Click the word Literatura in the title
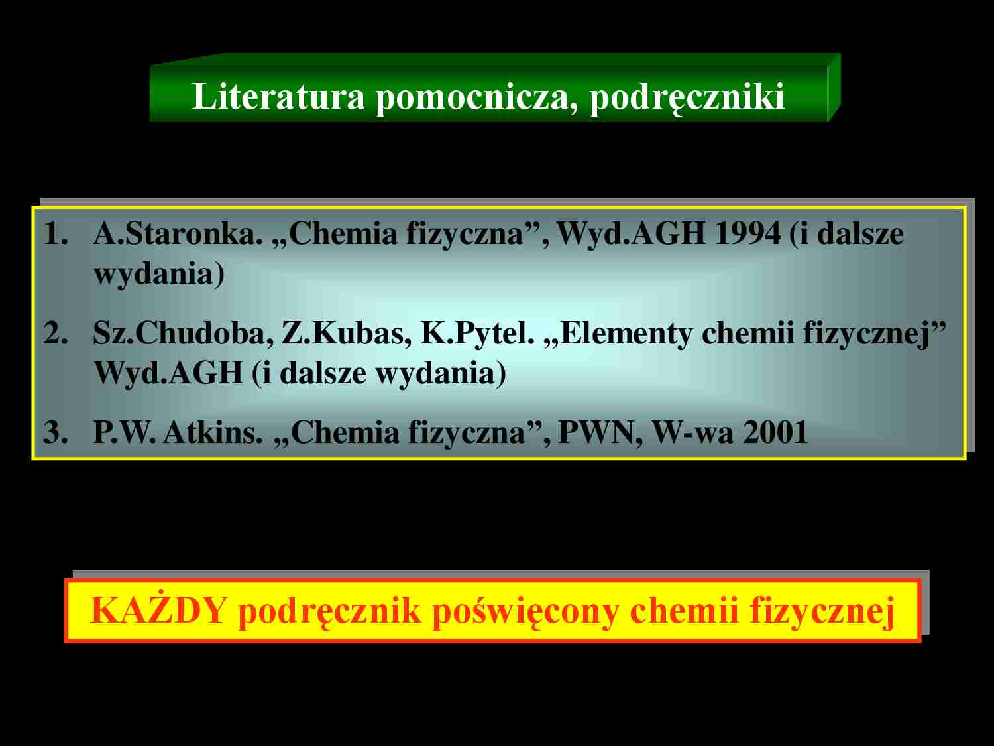278,96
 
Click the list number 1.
56,233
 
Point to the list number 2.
56,333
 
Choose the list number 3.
56,432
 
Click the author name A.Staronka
178,233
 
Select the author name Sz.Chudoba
183,334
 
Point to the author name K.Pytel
478,334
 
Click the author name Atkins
213,432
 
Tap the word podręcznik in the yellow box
329,611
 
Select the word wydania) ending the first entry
159,274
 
